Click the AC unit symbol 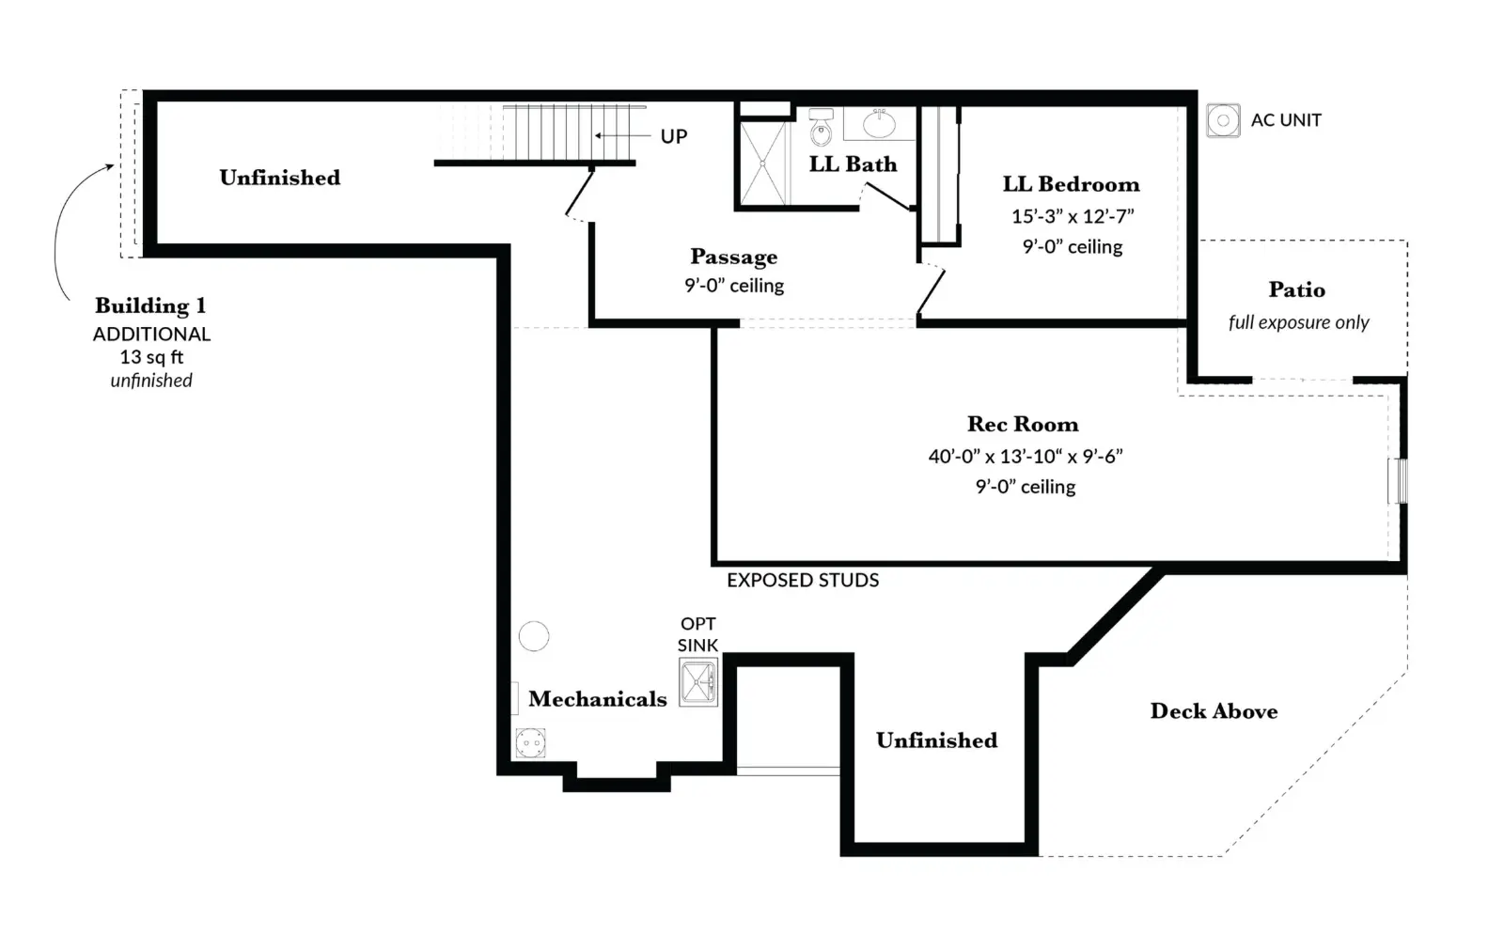1223,121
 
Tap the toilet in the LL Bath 821,127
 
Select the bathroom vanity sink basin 879,124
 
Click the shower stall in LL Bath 763,163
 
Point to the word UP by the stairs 673,136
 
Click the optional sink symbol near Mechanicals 698,682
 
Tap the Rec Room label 1023,424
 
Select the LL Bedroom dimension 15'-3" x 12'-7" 1073,216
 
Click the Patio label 1296,289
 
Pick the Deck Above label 1214,710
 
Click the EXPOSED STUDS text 803,580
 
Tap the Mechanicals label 598,698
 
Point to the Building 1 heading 150,306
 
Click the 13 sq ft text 151,357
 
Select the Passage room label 734,257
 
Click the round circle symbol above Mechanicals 534,635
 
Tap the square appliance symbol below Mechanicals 530,742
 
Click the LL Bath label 853,163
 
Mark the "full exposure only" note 1298,322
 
